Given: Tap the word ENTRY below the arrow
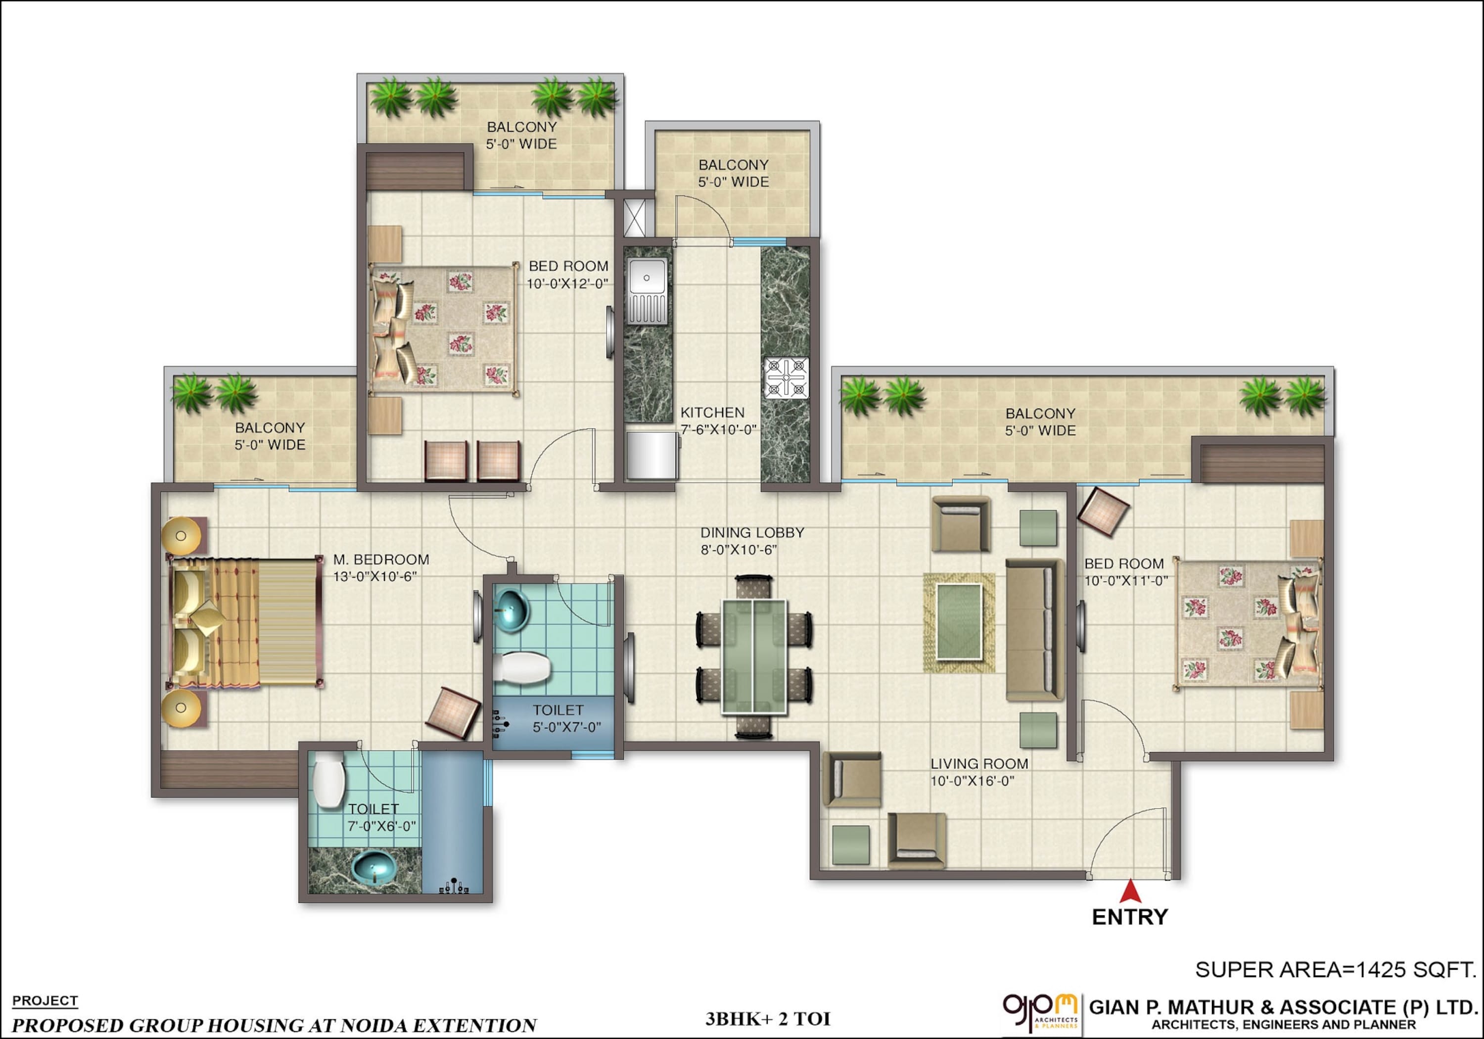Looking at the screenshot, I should tap(1130, 917).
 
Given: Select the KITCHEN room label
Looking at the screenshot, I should tap(712, 413).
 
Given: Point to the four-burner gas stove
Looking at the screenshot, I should tap(786, 377).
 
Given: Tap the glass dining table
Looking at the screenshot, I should tap(754, 656).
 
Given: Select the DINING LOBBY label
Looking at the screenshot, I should tap(752, 533).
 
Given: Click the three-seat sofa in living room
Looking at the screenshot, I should tap(1034, 630).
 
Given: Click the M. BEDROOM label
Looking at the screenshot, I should tap(381, 560).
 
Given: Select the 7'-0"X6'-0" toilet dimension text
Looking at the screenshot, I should tap(381, 826).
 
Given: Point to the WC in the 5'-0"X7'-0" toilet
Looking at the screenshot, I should tap(522, 666).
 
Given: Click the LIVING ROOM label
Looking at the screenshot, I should tap(979, 763).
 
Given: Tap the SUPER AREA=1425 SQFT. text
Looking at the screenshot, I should tap(1335, 969).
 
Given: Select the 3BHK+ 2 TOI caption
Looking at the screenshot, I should tap(767, 1019).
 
